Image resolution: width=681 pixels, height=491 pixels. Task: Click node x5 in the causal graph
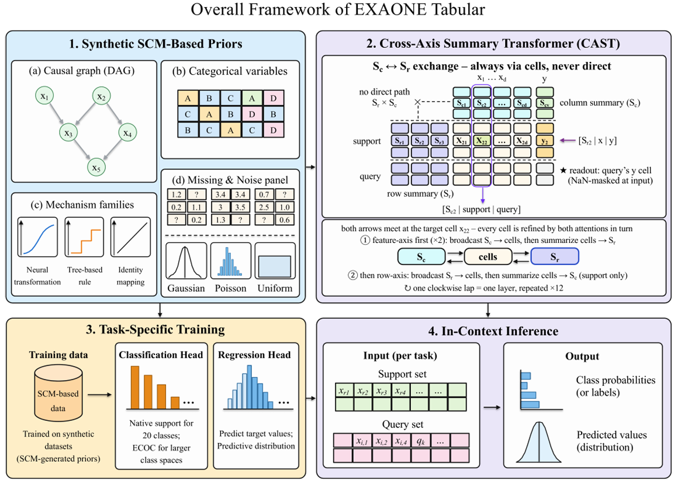click(x=96, y=168)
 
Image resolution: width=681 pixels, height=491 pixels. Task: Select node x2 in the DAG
click(x=101, y=96)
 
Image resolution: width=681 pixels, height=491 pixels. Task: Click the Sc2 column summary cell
click(x=482, y=103)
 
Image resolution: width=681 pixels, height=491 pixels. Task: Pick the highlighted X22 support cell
click(x=482, y=141)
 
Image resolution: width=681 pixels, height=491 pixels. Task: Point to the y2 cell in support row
click(x=545, y=141)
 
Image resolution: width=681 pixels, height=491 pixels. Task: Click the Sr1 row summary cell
click(x=400, y=141)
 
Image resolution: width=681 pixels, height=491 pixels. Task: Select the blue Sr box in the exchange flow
click(x=555, y=256)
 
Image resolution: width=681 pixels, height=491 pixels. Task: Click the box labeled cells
click(x=488, y=256)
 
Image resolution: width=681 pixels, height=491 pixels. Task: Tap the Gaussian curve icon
click(x=186, y=261)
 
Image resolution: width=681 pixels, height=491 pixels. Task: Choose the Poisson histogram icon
click(x=231, y=261)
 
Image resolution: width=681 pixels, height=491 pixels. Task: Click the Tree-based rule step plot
click(x=84, y=237)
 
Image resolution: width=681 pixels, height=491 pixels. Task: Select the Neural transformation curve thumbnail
click(x=37, y=237)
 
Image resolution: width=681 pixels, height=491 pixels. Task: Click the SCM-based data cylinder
click(x=58, y=393)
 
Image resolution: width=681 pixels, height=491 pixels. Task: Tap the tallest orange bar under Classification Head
click(x=135, y=387)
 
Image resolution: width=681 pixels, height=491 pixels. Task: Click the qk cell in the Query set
click(x=420, y=441)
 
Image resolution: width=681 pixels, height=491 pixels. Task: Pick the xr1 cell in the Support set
click(x=344, y=391)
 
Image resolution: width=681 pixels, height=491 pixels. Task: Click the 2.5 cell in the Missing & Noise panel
click(x=264, y=207)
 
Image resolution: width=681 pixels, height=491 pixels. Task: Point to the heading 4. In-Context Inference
click(x=493, y=332)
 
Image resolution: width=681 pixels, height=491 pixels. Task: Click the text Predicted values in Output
click(x=611, y=434)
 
